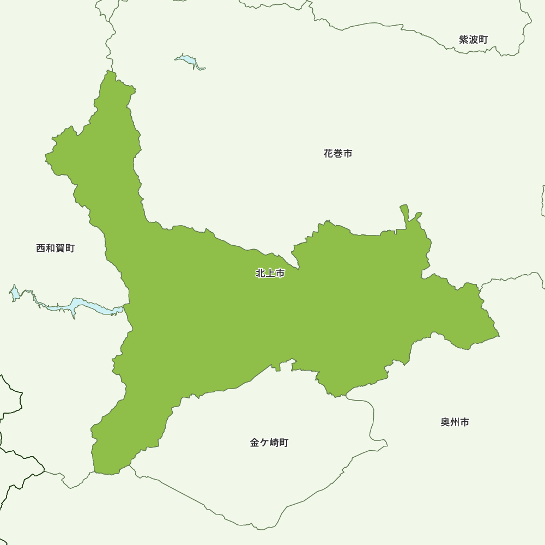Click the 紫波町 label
pyautogui.click(x=473, y=39)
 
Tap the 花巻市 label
pyautogui.click(x=338, y=154)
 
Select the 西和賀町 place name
pyautogui.click(x=55, y=249)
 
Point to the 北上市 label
pyautogui.click(x=270, y=274)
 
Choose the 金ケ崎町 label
pyautogui.click(x=269, y=443)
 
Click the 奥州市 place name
pyautogui.click(x=455, y=422)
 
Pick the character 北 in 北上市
pyautogui.click(x=261, y=274)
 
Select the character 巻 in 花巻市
pyautogui.click(x=338, y=154)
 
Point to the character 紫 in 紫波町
pyautogui.click(x=464, y=39)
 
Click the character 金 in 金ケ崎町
pyautogui.click(x=255, y=443)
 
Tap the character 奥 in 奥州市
pyautogui.click(x=445, y=422)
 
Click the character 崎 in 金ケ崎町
pyautogui.click(x=274, y=443)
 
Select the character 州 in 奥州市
pyautogui.click(x=455, y=422)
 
